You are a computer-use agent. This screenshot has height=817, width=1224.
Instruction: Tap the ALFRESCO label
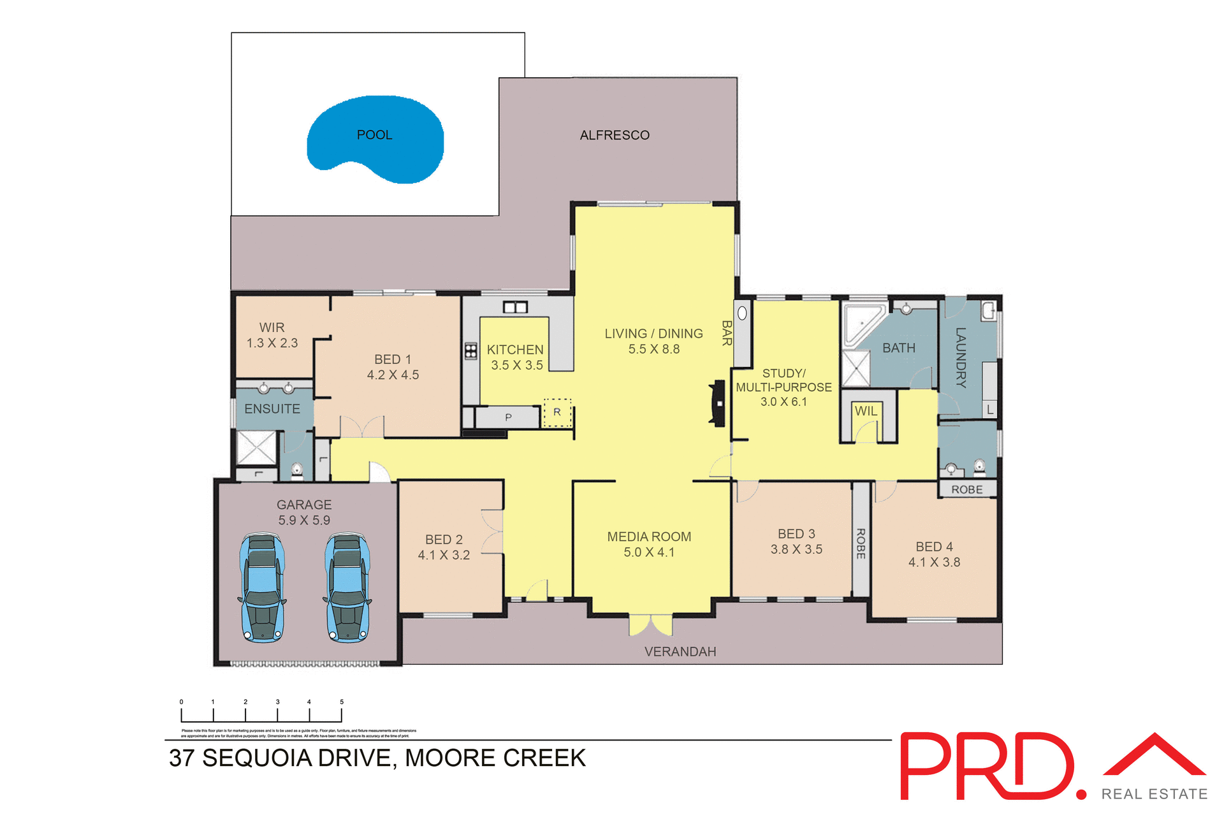615,135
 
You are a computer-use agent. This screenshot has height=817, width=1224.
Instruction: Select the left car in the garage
262,588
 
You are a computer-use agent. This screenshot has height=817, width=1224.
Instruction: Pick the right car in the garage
347,588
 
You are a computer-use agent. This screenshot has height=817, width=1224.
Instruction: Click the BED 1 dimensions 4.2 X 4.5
393,375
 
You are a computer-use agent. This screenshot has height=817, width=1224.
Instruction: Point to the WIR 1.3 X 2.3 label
272,335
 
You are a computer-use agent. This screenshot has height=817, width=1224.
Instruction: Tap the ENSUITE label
272,409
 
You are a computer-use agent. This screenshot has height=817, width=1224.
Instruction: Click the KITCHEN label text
515,350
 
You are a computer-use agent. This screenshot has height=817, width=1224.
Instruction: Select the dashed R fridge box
557,412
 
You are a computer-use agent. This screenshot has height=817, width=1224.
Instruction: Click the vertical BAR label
726,333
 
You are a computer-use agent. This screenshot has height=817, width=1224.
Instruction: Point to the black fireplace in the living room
718,403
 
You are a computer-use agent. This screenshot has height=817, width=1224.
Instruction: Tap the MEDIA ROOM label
649,537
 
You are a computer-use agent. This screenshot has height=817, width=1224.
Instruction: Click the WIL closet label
866,411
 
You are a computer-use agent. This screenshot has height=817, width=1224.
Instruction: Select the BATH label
899,349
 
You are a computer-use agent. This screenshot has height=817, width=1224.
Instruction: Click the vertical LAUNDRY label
961,358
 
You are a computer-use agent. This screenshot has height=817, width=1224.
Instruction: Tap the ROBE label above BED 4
967,489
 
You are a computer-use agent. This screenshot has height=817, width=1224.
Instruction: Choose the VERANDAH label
680,652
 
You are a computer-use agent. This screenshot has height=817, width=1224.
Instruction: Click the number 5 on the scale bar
342,702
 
